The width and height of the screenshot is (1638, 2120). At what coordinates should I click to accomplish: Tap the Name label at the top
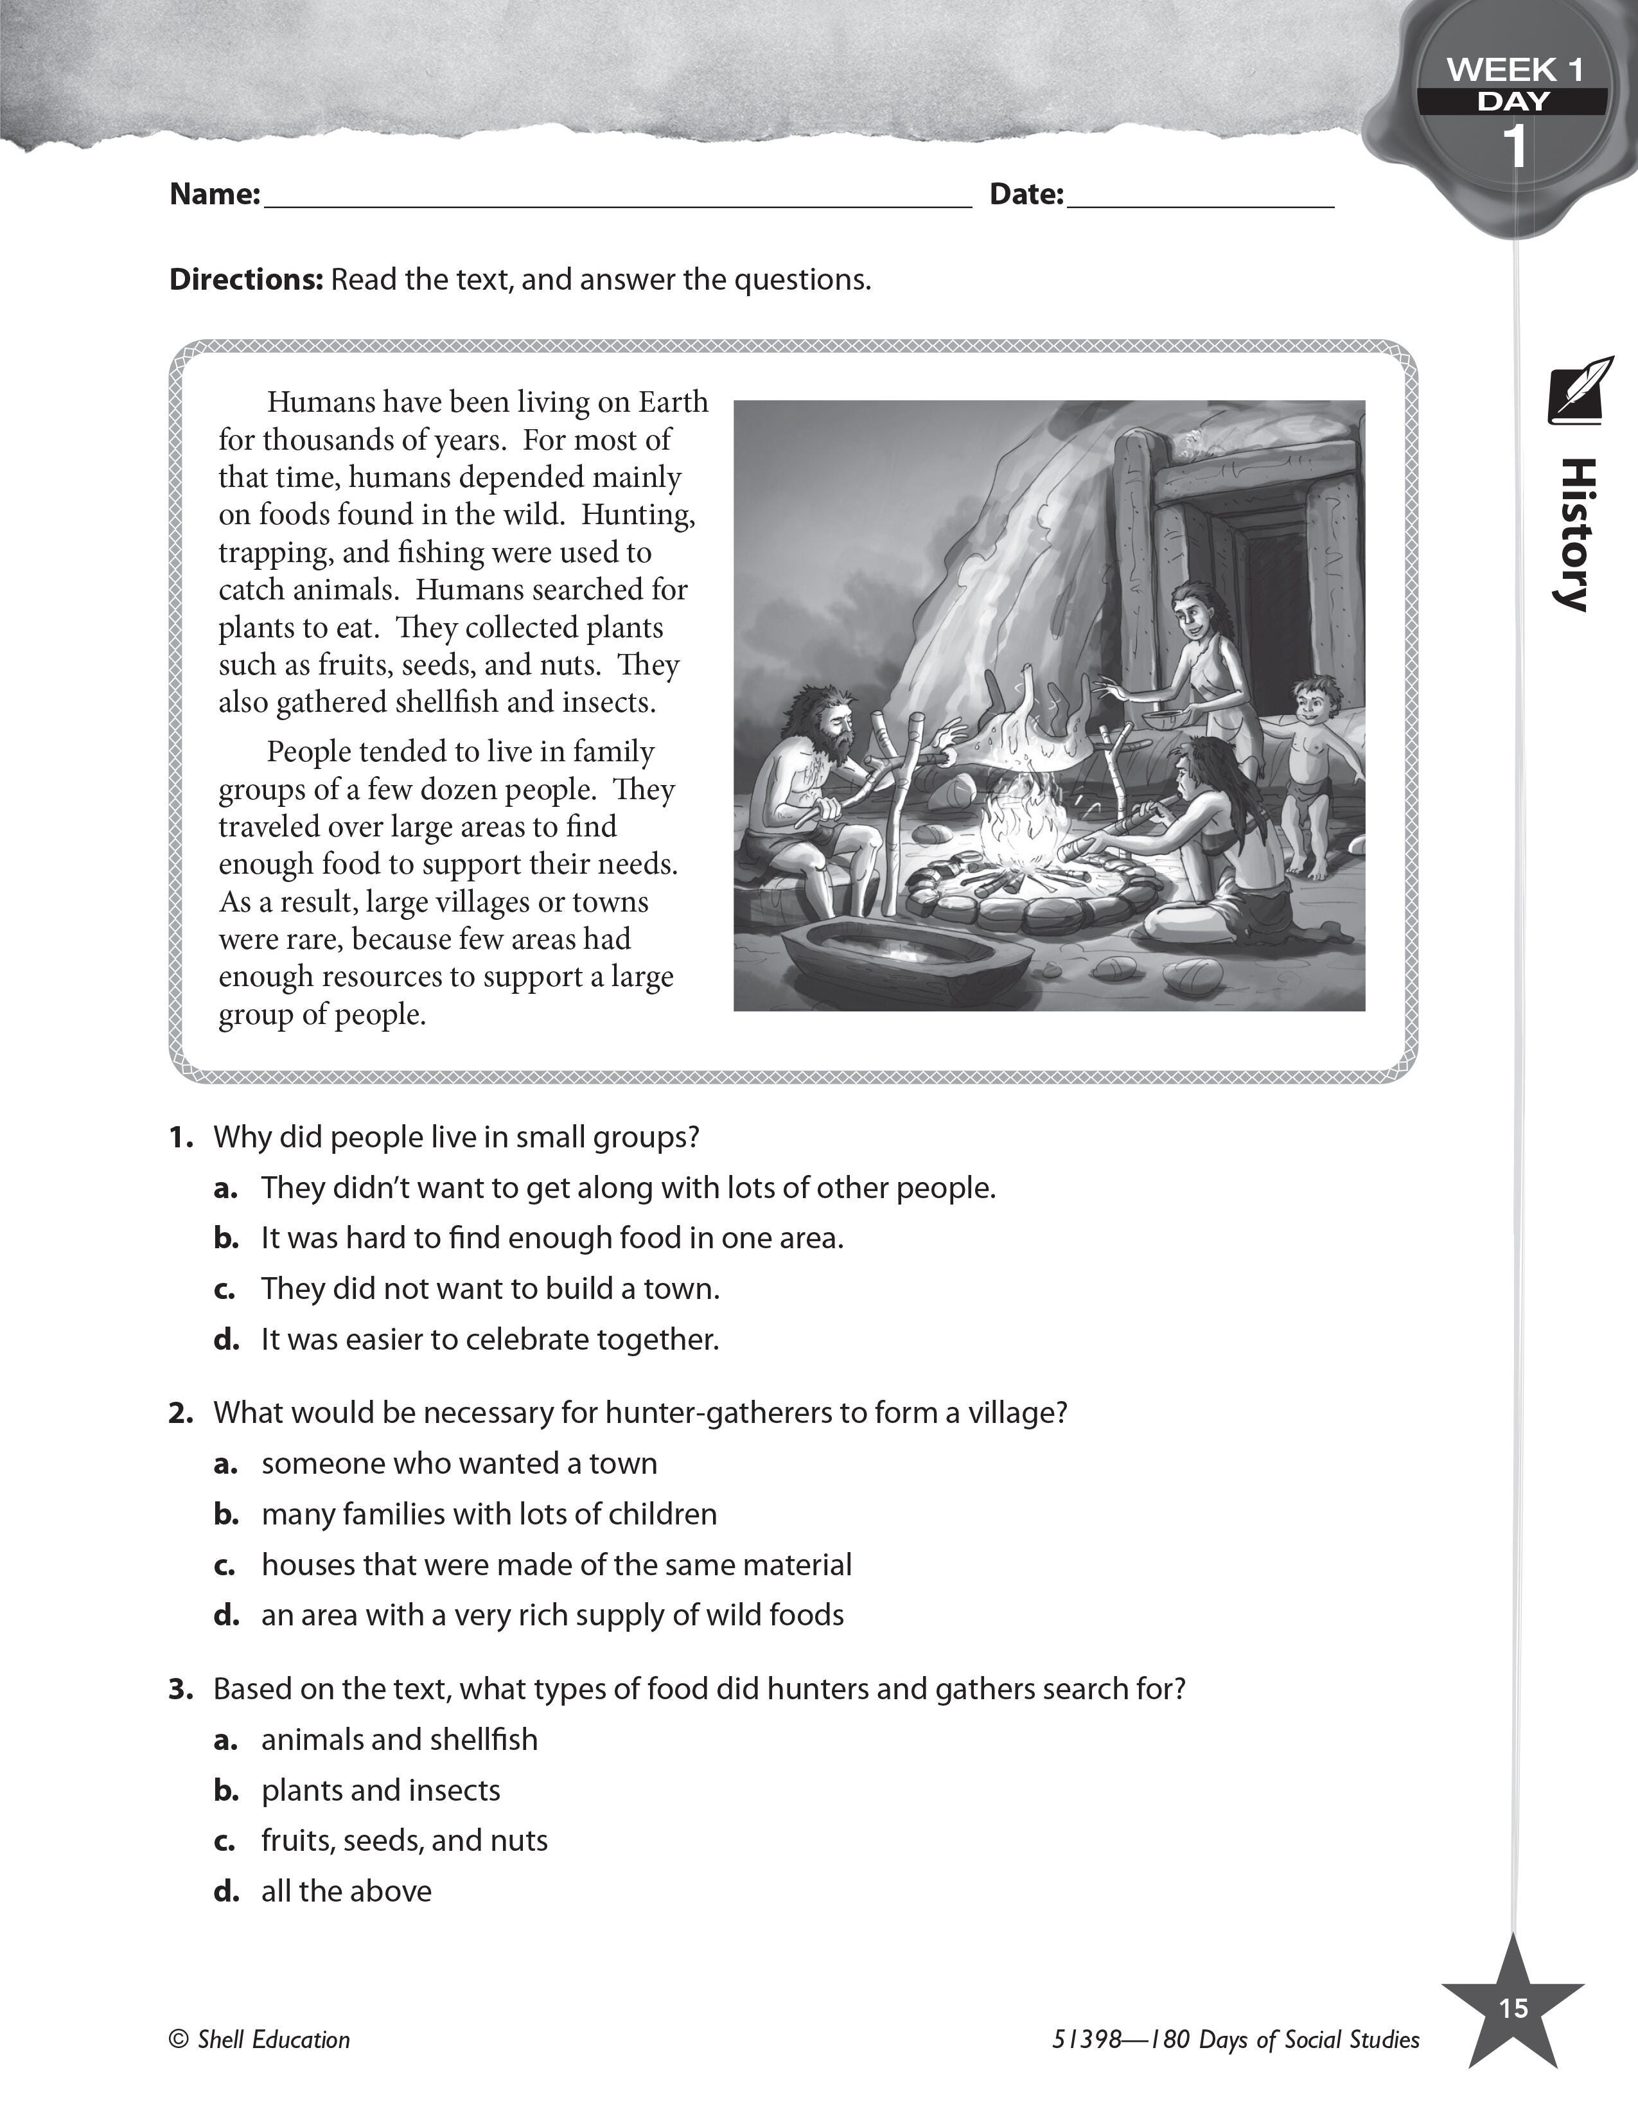click(x=215, y=194)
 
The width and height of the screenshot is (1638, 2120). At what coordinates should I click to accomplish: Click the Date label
click(x=1026, y=194)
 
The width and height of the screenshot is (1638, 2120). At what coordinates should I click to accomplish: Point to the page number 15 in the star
click(x=1513, y=2008)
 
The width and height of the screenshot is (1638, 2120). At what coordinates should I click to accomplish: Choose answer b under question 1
click(x=551, y=1239)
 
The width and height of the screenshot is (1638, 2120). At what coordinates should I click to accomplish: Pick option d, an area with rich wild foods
click(x=551, y=1615)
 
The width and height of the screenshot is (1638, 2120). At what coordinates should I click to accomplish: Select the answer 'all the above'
click(x=346, y=1891)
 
